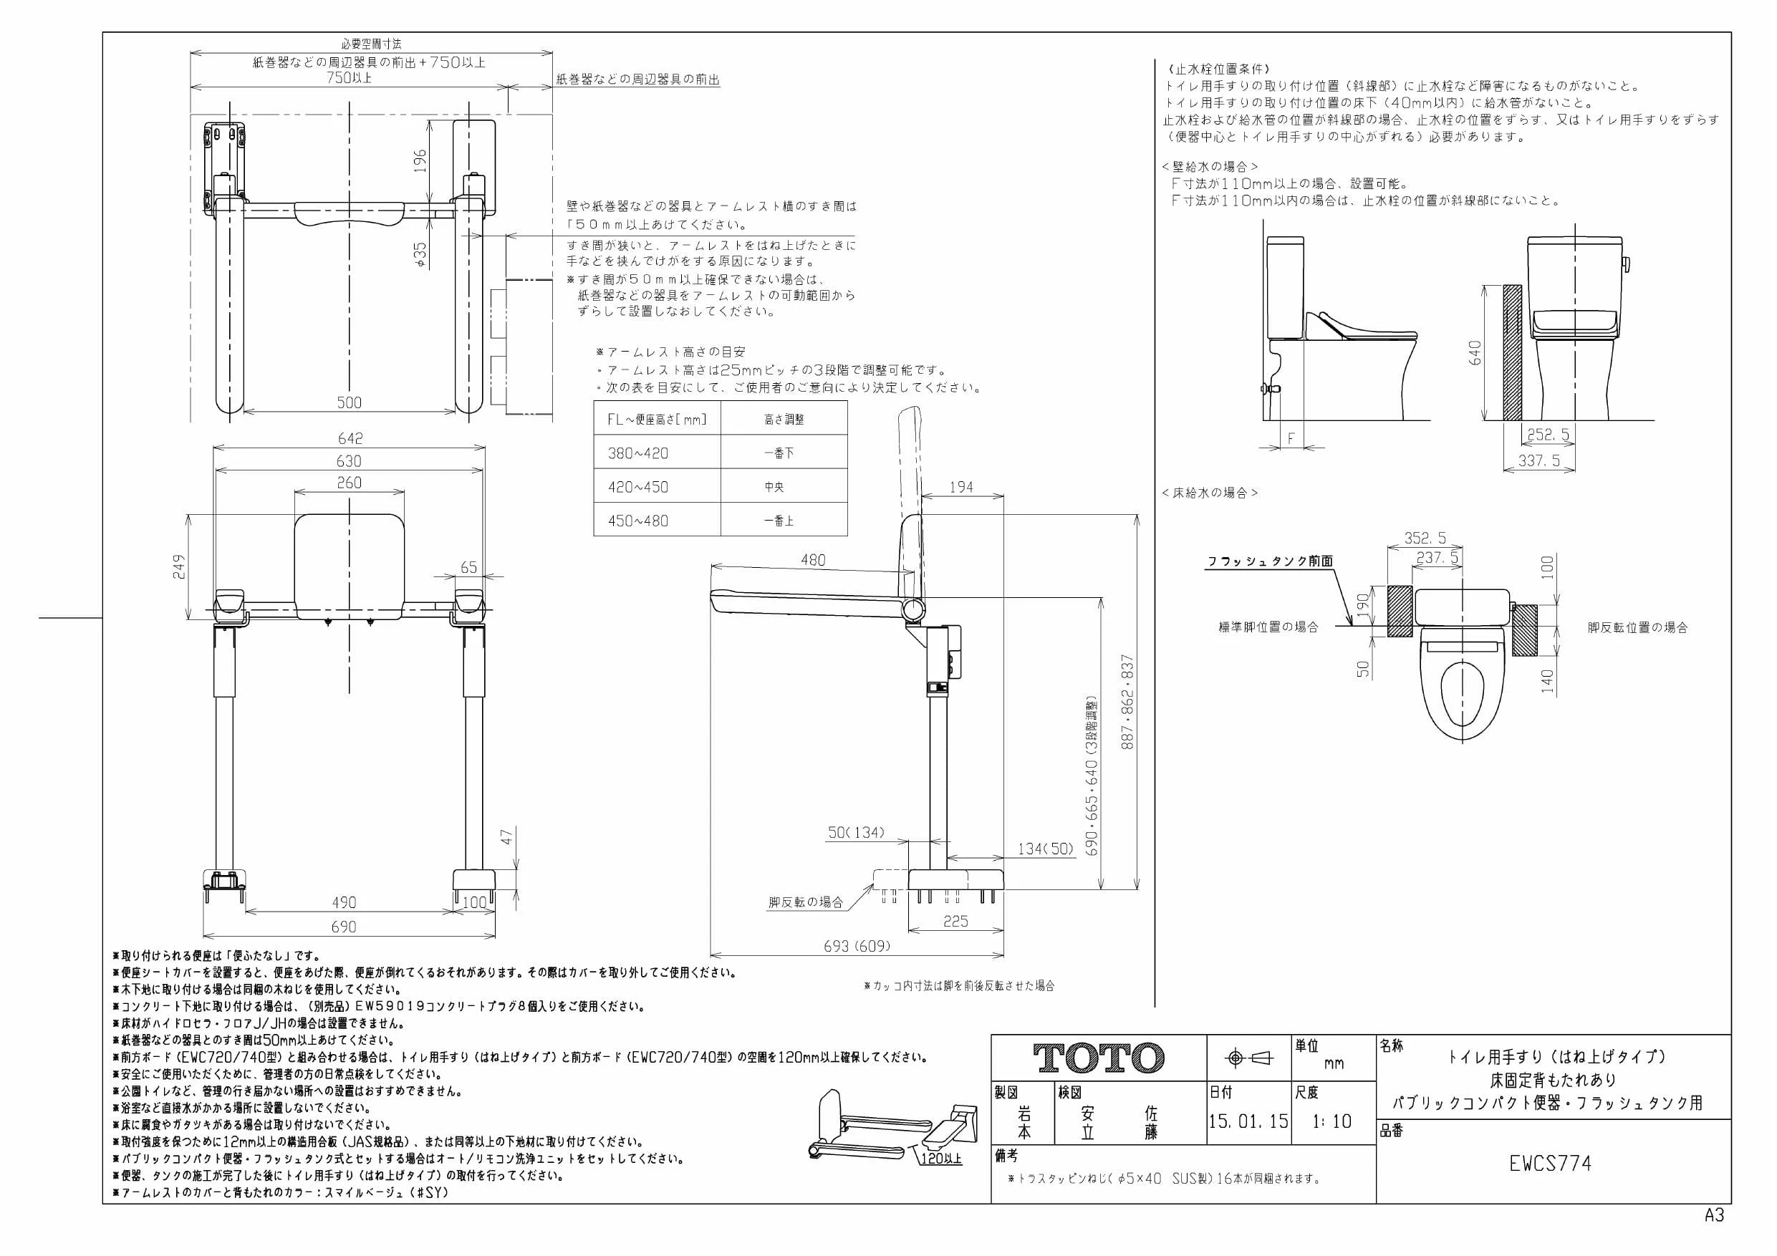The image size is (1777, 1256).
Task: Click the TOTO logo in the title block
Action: pyautogui.click(x=1098, y=1058)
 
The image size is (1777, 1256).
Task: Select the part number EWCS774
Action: pyautogui.click(x=1550, y=1163)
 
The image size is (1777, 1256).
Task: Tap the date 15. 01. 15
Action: pyautogui.click(x=1248, y=1121)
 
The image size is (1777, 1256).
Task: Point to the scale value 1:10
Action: pyautogui.click(x=1332, y=1121)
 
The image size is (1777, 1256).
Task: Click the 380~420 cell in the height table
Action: pyautogui.click(x=637, y=453)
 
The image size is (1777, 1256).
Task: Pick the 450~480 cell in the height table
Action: pyautogui.click(x=637, y=521)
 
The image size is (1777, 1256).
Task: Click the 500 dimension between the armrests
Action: pyautogui.click(x=349, y=402)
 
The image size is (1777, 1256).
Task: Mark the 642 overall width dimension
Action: pyautogui.click(x=350, y=438)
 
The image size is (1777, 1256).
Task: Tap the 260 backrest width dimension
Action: pyautogui.click(x=349, y=482)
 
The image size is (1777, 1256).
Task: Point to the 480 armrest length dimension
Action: pyautogui.click(x=813, y=559)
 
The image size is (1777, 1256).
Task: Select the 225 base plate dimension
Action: pyautogui.click(x=956, y=921)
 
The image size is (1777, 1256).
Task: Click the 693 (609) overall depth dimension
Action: pyautogui.click(x=856, y=946)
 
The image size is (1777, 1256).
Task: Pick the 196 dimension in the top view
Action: pyautogui.click(x=420, y=161)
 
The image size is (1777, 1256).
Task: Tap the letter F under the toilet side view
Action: pyautogui.click(x=1291, y=439)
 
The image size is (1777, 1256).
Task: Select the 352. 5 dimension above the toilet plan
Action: pyautogui.click(x=1425, y=538)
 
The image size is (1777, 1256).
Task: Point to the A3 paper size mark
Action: pyautogui.click(x=1714, y=1216)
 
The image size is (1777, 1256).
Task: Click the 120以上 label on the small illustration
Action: pyautogui.click(x=941, y=1159)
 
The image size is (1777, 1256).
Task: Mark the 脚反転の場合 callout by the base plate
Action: pyautogui.click(x=806, y=902)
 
